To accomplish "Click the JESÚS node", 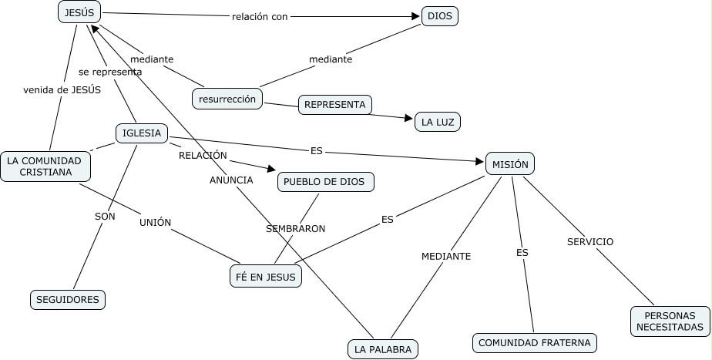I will pos(79,12).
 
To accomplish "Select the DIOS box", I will pos(440,16).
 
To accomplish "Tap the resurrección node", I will pos(227,99).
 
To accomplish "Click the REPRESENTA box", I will pos(334,105).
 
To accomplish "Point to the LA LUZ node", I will pos(437,122).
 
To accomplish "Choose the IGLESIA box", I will pos(142,133).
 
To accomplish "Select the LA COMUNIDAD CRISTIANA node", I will pos(45,166).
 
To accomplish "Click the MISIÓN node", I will pos(509,163).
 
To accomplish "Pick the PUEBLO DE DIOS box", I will pos(325,182).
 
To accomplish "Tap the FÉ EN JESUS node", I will pos(266,276).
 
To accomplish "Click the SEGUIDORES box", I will pos(68,300).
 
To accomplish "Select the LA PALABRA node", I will pos(382,349).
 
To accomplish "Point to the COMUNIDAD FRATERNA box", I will pos(535,342).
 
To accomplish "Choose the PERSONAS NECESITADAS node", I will pos(669,321).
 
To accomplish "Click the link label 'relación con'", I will pos(260,16).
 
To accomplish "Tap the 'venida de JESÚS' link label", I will pos(62,89).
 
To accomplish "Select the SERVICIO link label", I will pos(590,241).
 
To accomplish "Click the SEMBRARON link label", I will pos(295,229).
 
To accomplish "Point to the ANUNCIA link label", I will pos(231,180).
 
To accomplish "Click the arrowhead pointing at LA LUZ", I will pos(408,118).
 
